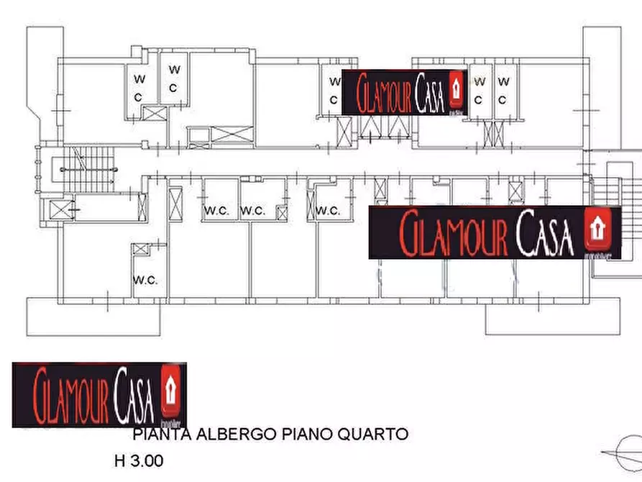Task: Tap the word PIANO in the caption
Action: pos(313,435)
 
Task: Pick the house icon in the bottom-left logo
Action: pos(170,386)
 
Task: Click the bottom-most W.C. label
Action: pos(145,279)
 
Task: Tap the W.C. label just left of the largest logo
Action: pos(327,211)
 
